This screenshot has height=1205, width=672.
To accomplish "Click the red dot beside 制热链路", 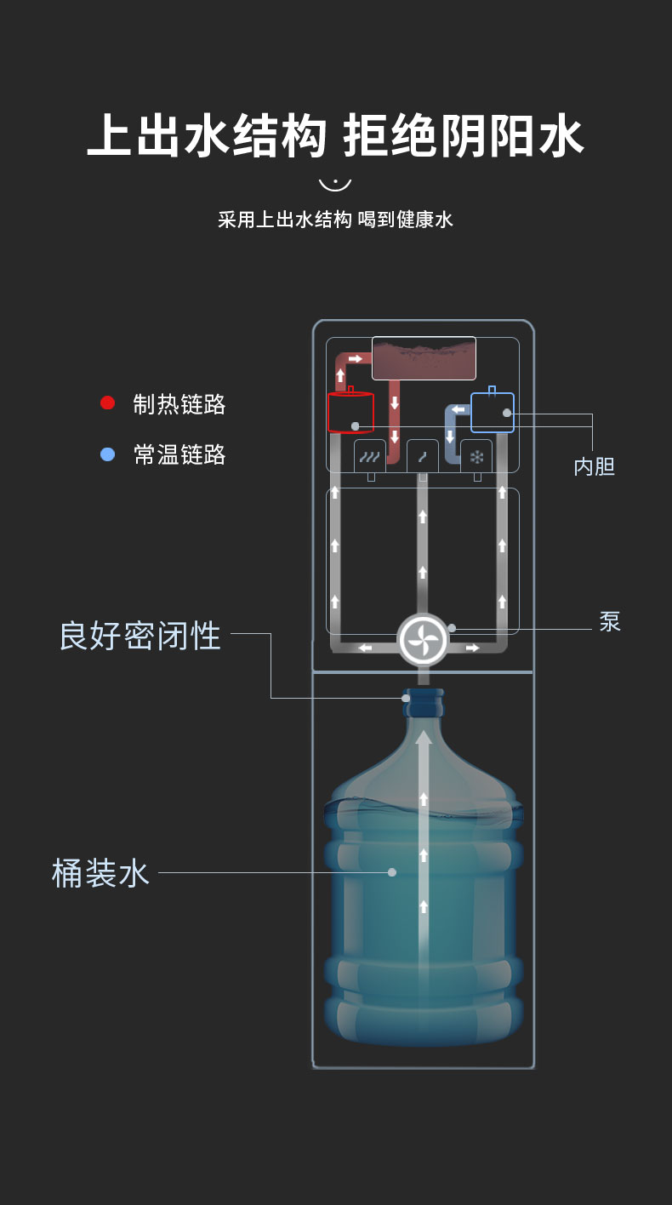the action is point(107,403).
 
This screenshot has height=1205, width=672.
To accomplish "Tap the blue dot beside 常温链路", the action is point(107,454).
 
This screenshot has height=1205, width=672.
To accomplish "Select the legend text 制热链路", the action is point(179,404).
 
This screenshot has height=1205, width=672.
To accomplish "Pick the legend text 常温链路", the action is point(179,454).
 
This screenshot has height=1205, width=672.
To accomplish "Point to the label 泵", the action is point(610,621).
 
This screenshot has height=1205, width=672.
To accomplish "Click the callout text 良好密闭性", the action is point(140,636).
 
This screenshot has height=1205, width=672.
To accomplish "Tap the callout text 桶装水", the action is point(100,872).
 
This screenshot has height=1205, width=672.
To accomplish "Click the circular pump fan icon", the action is point(423,640).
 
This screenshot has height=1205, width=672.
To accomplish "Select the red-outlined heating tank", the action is point(350,412).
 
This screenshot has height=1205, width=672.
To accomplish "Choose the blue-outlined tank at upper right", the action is point(493,412).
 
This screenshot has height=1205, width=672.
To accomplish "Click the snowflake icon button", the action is point(476,457).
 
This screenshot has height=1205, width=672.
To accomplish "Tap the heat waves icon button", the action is point(370,457).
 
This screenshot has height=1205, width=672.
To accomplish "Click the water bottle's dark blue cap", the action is point(424,702).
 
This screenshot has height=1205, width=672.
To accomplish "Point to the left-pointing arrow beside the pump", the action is point(366,648).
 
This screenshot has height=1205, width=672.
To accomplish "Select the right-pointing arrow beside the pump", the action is point(473,648).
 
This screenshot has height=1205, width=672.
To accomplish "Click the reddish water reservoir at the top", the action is point(424,358).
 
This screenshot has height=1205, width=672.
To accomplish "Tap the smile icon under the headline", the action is point(335,185).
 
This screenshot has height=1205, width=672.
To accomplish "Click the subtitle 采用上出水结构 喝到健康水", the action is point(335,220).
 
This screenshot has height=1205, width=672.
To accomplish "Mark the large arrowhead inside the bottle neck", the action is point(424,738).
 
